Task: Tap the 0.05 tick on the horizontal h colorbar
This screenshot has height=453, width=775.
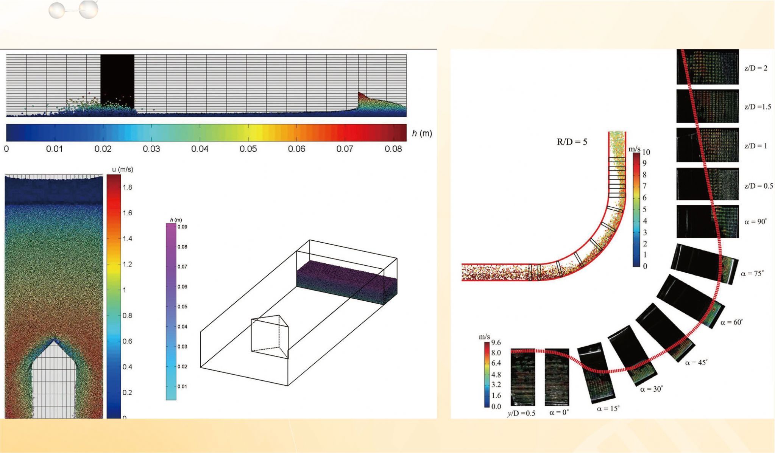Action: click(248, 149)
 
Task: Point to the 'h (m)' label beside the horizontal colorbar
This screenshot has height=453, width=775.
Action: click(422, 133)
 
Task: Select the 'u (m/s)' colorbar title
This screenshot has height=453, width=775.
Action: click(123, 170)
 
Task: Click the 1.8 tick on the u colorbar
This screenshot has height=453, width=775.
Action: click(128, 187)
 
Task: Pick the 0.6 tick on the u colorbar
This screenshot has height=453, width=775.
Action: click(128, 341)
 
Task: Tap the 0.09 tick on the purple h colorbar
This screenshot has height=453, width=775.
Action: click(182, 227)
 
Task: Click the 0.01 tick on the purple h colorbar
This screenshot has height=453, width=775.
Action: click(182, 387)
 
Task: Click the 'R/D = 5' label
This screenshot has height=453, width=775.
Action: click(572, 142)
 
